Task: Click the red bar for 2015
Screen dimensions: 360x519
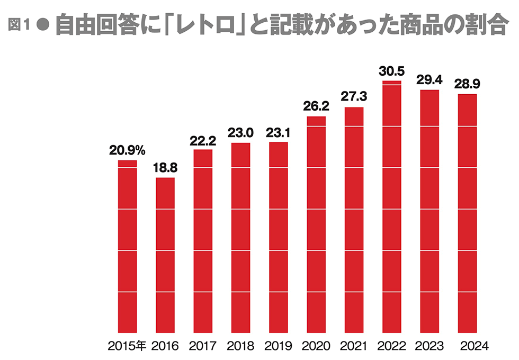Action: (x=128, y=246)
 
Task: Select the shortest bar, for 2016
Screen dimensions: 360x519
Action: (x=165, y=254)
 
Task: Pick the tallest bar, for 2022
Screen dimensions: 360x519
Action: (x=392, y=206)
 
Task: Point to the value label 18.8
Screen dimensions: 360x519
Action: (x=165, y=168)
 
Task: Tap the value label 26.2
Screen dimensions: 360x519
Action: (x=316, y=106)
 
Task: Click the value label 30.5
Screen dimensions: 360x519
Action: (x=392, y=71)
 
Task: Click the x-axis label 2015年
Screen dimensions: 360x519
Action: (x=127, y=347)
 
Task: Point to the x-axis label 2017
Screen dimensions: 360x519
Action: (x=203, y=347)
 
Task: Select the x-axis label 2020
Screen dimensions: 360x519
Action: (x=316, y=347)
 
